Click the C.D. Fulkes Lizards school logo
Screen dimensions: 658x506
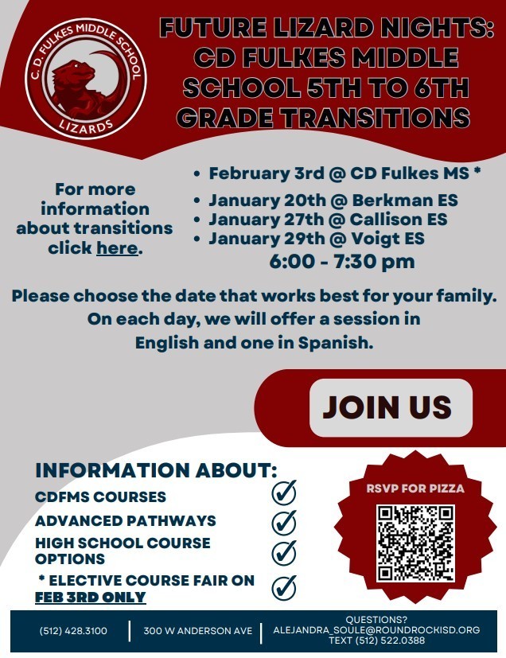click(x=85, y=80)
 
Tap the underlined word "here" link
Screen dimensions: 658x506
click(x=117, y=247)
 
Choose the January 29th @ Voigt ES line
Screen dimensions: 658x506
click(x=316, y=238)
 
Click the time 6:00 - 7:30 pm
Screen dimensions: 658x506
click(x=342, y=262)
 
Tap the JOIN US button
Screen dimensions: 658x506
click(x=387, y=407)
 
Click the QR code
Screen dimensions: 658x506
click(x=415, y=542)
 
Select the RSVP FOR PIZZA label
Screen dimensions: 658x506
click(x=415, y=489)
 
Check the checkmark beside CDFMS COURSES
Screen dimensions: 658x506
click(x=284, y=493)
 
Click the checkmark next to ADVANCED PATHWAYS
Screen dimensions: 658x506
click(x=284, y=522)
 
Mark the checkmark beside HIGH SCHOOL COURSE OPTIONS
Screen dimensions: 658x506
click(x=284, y=552)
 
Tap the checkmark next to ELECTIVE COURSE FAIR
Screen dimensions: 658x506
click(x=284, y=587)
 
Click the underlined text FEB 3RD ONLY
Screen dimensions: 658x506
click(x=90, y=597)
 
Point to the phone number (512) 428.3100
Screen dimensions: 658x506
click(x=73, y=631)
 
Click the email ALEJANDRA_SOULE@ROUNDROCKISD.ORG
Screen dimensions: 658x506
click(x=376, y=629)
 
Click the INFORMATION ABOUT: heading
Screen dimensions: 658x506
click(x=156, y=469)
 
